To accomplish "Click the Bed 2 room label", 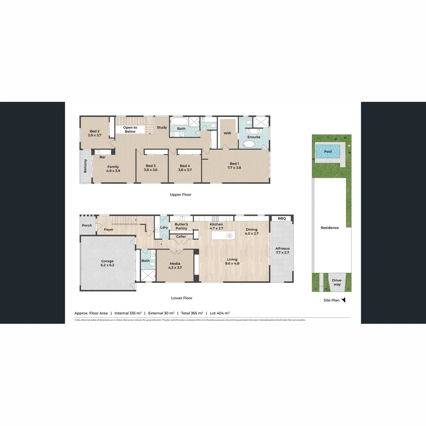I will pos(94,131).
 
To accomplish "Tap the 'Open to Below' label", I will pos(130,129).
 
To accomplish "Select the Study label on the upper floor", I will pos(162,127).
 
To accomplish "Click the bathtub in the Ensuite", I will pos(249,144).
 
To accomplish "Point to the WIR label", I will pos(227,133).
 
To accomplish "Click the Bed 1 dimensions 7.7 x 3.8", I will pos(234,168).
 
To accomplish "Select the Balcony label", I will pos(85,166).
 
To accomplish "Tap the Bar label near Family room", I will pos(103,157).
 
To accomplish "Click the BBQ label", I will pos(282,218).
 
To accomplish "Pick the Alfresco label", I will pos(282,248).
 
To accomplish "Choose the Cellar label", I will pos(181,237).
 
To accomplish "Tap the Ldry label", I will pos(164,227).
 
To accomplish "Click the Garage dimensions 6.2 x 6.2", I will pos(107,265).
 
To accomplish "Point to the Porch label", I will pos(87,226).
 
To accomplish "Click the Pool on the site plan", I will pos(328,151).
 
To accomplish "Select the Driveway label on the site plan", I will pos(336,282).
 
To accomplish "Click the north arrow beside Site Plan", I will pos(343,300).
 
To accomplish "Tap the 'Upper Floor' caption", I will pos(180,194).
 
